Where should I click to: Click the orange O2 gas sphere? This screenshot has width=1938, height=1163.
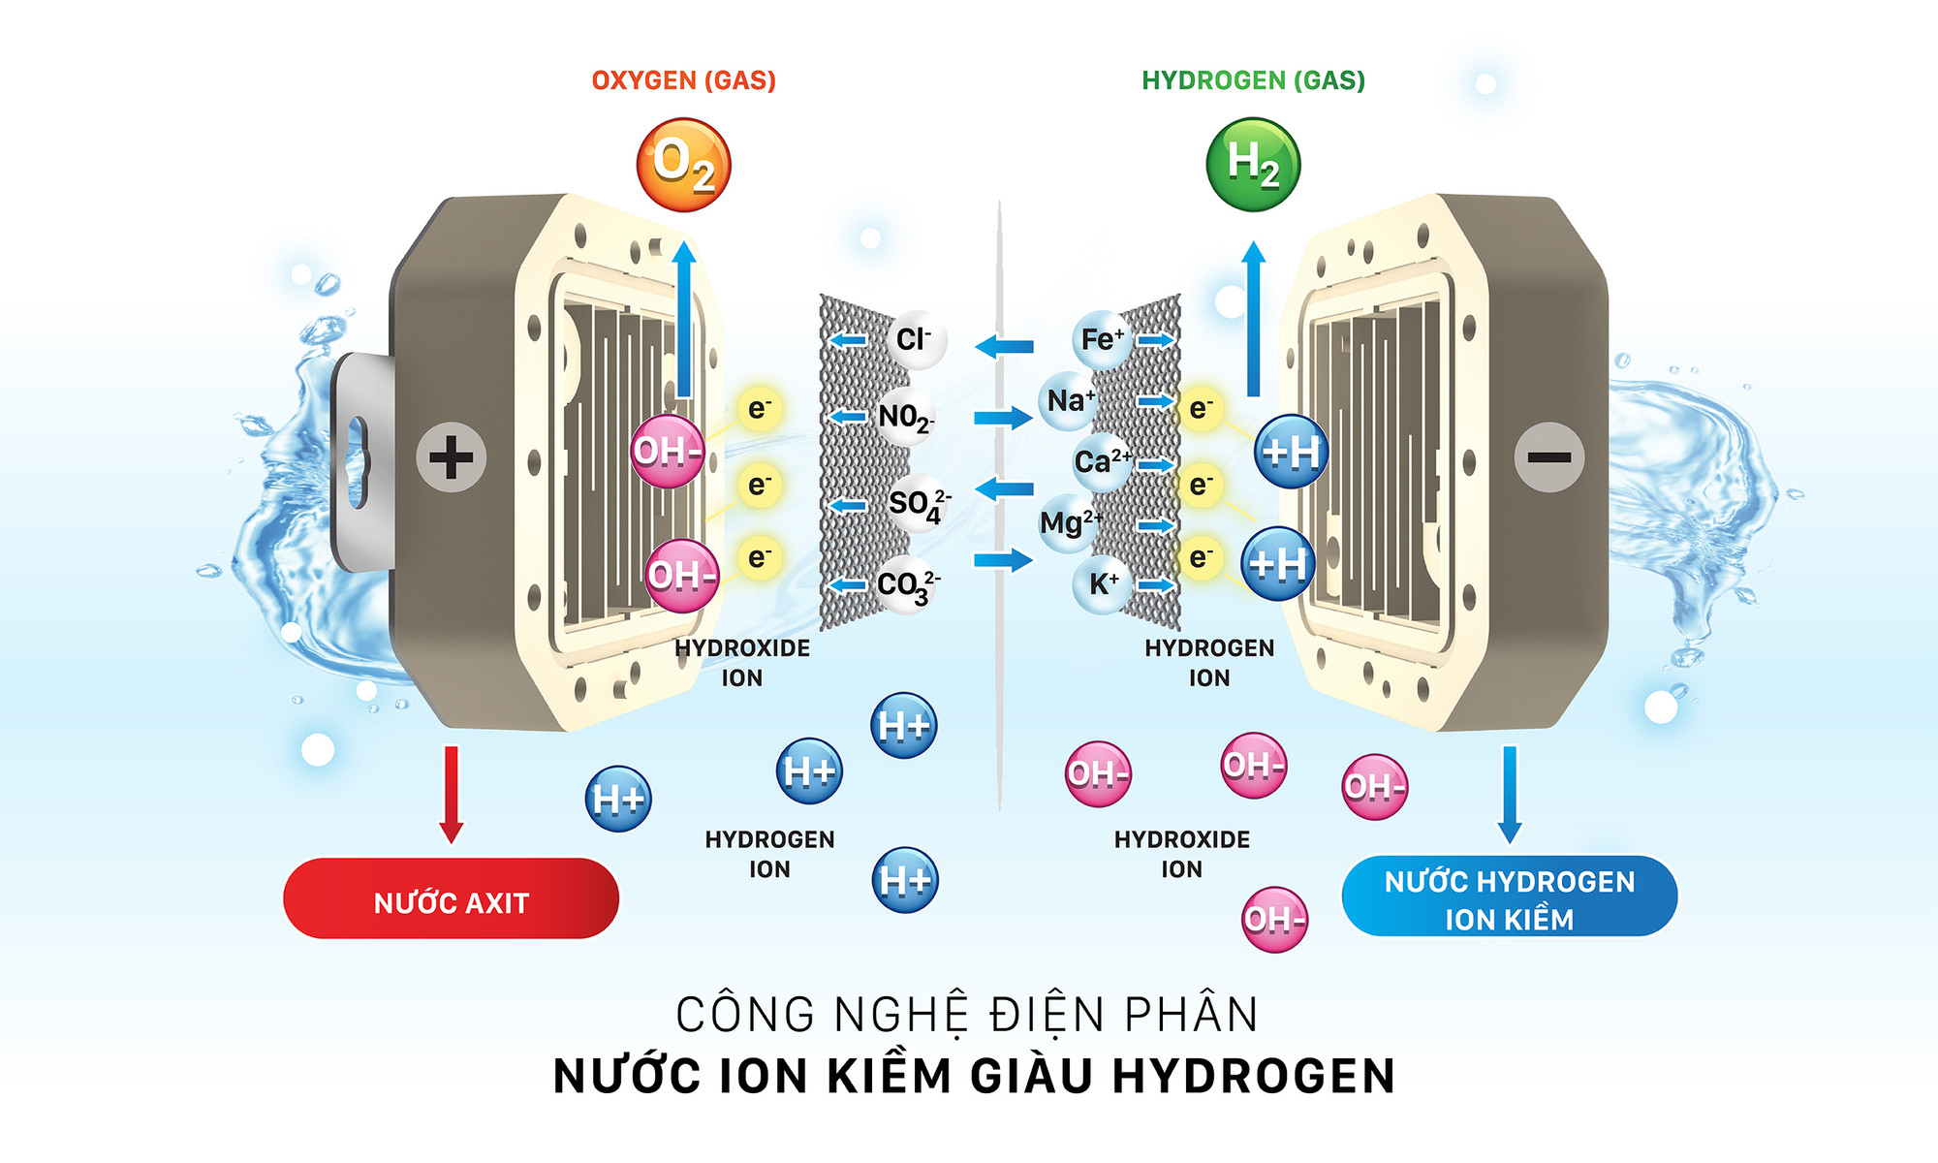point(683,165)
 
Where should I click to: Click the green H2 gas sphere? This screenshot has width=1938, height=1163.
point(1253,165)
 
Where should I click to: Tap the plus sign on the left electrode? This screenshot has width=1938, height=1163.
point(451,457)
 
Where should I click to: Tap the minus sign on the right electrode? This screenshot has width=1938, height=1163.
point(1549,457)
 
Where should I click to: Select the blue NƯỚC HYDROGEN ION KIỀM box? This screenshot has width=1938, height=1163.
point(1509,897)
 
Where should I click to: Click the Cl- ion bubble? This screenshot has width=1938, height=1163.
point(914,339)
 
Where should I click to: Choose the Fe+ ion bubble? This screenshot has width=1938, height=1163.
point(1102,339)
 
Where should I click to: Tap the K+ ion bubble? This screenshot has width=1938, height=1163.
point(1103,583)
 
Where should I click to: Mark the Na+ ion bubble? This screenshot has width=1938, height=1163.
point(1069,400)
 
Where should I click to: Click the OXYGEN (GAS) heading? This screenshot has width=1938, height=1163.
point(683,80)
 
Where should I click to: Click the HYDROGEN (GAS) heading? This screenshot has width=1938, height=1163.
point(1253,80)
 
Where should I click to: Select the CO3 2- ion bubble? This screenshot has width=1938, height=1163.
point(906,584)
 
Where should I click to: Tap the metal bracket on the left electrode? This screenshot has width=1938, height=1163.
point(360,460)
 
